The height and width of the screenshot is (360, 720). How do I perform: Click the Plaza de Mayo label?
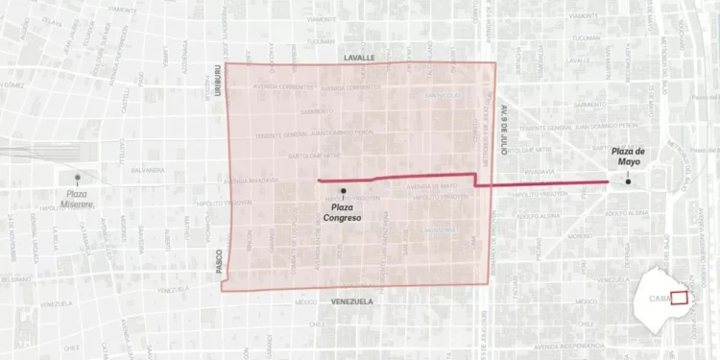tap(630, 156)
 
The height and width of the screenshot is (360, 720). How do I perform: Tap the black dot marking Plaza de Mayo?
tap(629, 181)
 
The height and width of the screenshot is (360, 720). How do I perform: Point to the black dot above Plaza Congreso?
tap(343, 192)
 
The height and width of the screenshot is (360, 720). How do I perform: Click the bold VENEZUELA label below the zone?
tap(351, 300)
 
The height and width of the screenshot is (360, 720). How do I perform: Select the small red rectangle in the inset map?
tap(678, 298)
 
